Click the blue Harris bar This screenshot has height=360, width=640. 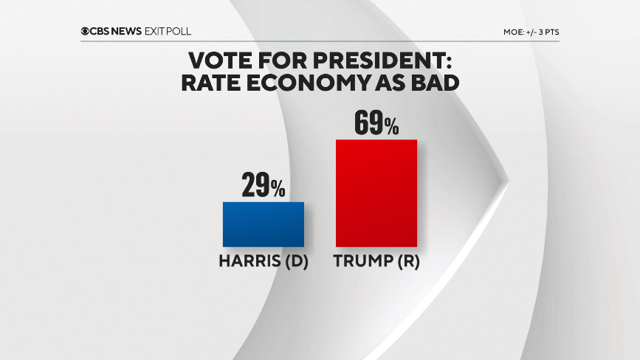[x=263, y=224]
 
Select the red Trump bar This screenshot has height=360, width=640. [x=376, y=193]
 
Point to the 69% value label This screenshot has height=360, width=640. [x=376, y=123]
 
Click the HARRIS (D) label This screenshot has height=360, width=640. [x=263, y=261]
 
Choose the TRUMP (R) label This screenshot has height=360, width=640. [x=376, y=261]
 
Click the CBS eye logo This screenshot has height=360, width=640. [x=86, y=32]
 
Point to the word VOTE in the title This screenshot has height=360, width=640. [x=219, y=60]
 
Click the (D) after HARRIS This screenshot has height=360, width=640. [x=293, y=261]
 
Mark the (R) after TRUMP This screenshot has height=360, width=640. [x=405, y=261]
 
